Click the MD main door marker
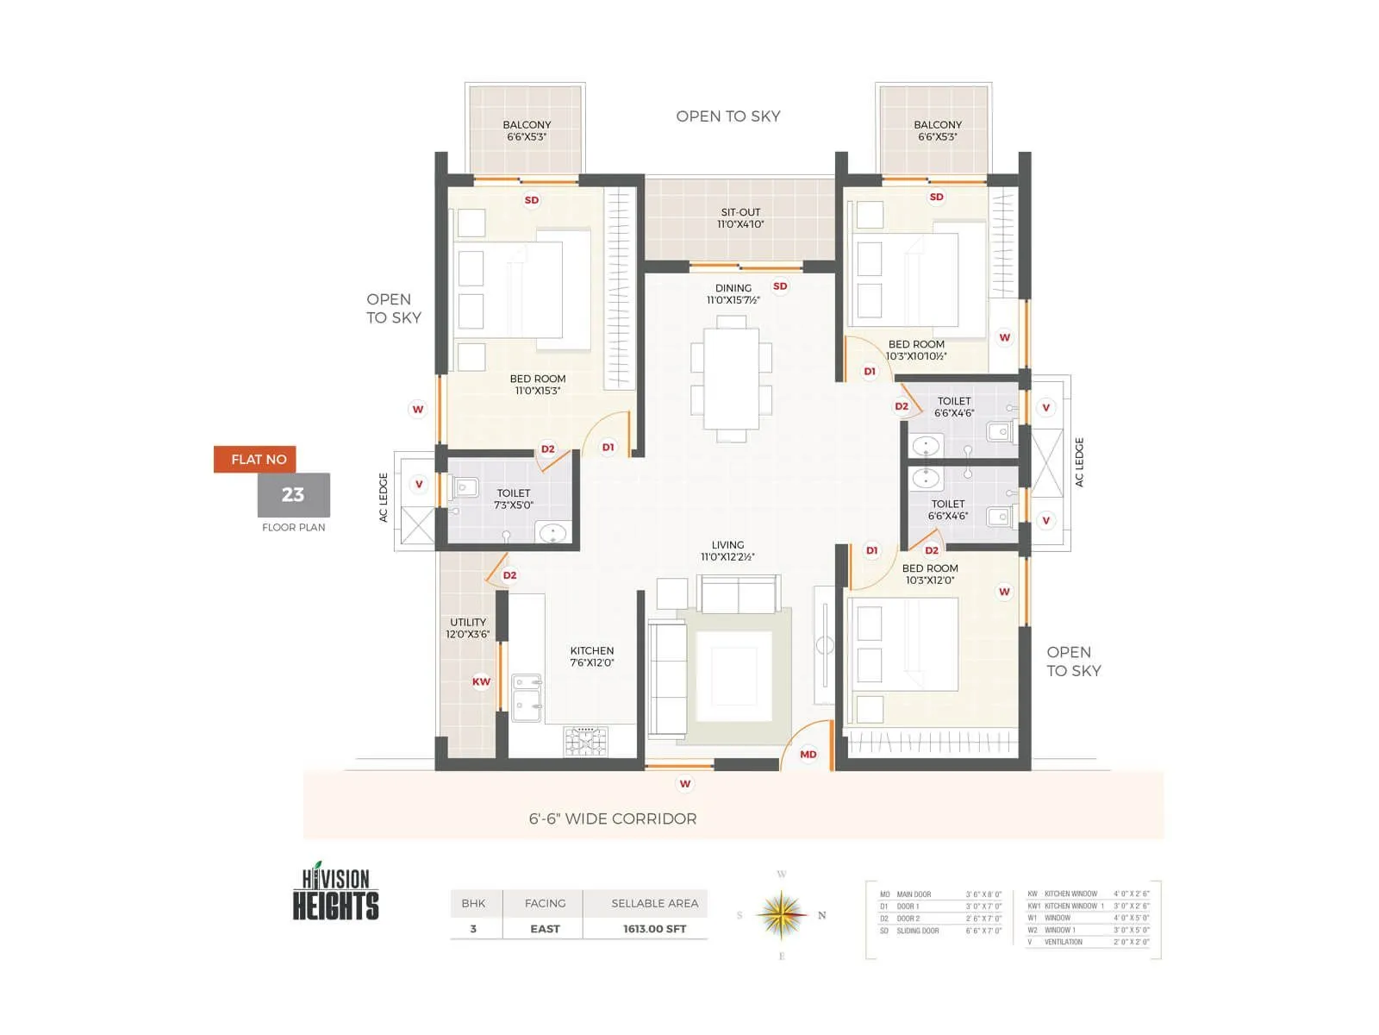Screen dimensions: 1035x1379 [x=808, y=754]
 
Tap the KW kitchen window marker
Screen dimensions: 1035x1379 [x=481, y=681]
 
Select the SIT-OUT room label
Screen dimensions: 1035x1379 [x=740, y=218]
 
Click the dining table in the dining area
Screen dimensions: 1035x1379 [x=731, y=378]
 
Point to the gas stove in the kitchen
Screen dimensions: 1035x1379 [x=585, y=742]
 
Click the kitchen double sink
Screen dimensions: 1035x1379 [x=527, y=697]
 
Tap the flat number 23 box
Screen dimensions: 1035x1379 [x=293, y=495]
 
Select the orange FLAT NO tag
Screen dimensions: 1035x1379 [x=256, y=459]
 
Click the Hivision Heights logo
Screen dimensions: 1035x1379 [x=335, y=893]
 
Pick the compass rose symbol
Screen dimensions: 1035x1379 [x=781, y=915]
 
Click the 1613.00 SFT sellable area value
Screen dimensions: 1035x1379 [x=654, y=929]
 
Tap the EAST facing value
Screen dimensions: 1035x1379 [x=545, y=929]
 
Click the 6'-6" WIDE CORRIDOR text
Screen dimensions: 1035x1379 [x=613, y=819]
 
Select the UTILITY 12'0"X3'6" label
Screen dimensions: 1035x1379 [x=468, y=628]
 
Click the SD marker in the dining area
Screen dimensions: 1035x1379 [x=780, y=286]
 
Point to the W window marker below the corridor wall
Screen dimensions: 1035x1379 [x=684, y=784]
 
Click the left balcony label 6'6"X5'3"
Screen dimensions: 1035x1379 [x=527, y=131]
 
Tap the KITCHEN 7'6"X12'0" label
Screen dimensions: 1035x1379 [x=592, y=656]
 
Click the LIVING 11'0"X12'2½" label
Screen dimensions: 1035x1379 [x=727, y=551]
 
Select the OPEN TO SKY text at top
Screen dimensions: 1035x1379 [x=727, y=116]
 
